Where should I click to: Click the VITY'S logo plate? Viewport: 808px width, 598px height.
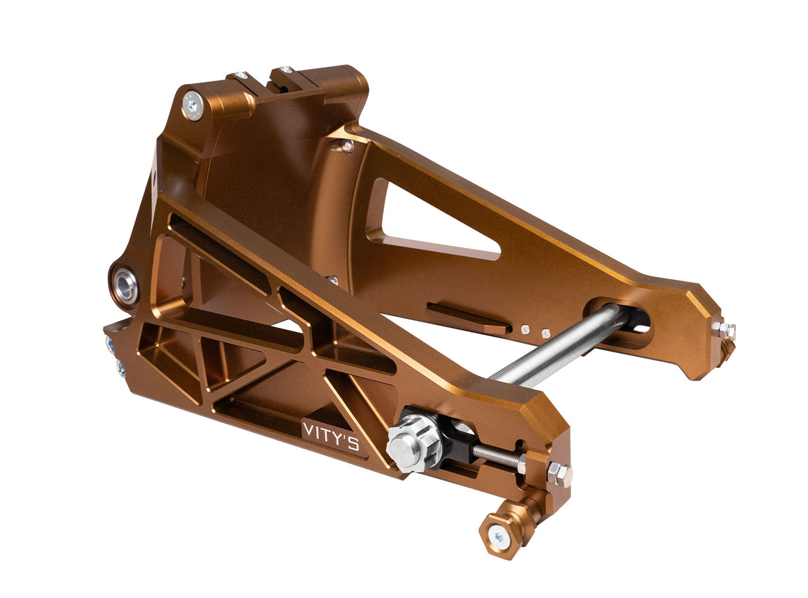coord(330,437)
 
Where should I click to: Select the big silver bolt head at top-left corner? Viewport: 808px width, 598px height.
coord(193,106)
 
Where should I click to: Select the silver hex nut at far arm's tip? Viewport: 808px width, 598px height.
coord(726,331)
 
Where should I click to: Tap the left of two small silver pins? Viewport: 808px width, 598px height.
coord(525,330)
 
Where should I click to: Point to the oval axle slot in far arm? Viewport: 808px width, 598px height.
coord(621,322)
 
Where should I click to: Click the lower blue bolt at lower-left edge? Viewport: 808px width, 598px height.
coord(120,367)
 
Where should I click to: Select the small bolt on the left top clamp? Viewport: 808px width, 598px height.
coord(241,76)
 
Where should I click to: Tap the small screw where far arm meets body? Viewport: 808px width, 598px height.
coord(348,146)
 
